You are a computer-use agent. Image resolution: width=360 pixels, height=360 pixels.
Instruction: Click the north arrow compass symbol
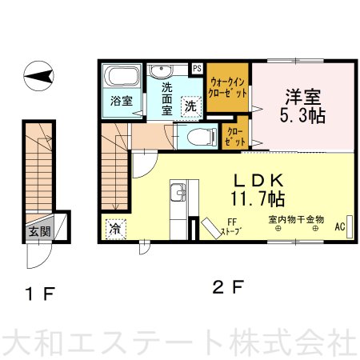point(38,76)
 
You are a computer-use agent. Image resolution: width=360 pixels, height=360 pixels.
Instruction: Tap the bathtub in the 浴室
point(122,75)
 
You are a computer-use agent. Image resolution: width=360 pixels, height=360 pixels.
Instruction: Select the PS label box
point(197,69)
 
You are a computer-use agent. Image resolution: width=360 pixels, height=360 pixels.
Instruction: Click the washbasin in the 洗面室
point(161,70)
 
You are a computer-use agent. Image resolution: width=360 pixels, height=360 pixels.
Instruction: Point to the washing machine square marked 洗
point(190,106)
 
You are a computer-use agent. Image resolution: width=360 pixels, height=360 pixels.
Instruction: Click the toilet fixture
point(202,137)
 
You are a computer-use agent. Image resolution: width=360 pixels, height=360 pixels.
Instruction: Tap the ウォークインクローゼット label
point(227,87)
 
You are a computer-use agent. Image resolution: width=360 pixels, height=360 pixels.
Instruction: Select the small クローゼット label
point(234,137)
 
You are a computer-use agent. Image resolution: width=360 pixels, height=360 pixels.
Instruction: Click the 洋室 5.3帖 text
point(303,106)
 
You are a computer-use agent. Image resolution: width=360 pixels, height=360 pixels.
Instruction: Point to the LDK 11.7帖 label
point(258,190)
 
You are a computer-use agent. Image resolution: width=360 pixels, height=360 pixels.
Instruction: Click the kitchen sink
point(178,193)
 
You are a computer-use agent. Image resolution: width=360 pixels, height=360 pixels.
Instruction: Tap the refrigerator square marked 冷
point(116,229)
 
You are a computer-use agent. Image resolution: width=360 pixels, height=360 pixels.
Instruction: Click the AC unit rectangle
point(349,226)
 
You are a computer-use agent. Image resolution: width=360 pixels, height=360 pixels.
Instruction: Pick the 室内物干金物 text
point(296,220)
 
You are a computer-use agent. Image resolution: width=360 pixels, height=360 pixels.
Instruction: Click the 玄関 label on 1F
point(40,231)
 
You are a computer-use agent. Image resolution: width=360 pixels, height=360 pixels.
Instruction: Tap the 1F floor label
point(40,294)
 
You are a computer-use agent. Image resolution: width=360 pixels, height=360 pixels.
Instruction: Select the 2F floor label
point(228,287)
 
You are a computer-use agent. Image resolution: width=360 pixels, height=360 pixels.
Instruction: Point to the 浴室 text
point(122,101)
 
